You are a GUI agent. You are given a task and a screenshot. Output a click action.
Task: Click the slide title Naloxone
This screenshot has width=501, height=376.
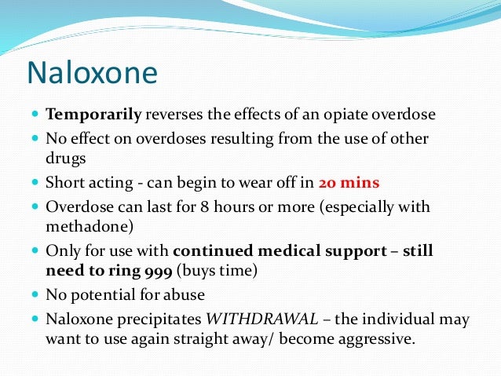point(92,73)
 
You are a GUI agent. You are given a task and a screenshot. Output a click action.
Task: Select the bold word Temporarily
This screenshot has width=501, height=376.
point(93,115)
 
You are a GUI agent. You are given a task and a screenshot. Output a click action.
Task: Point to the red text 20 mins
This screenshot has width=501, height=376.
point(349,184)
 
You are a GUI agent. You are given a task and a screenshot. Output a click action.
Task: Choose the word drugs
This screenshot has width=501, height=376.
point(65,157)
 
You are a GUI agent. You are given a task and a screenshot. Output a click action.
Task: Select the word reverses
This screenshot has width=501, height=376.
point(174,115)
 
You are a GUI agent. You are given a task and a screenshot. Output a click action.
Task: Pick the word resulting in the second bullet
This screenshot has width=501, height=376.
point(220,138)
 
